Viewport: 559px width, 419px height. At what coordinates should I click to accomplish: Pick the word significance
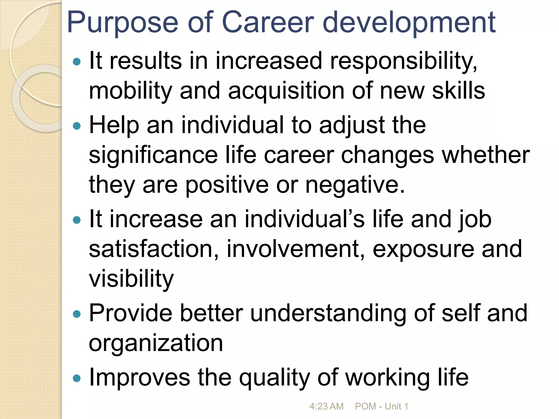pyautogui.click(x=153, y=155)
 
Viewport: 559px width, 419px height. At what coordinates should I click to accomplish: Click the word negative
pyautogui.click(x=355, y=185)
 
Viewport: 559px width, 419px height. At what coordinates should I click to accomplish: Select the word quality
pyautogui.click(x=274, y=378)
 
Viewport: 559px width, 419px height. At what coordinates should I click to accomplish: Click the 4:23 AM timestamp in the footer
pyautogui.click(x=326, y=406)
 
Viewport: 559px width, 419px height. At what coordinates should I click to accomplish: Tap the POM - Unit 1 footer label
pyautogui.click(x=381, y=406)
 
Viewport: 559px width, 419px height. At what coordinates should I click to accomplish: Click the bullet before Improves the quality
pyautogui.click(x=77, y=378)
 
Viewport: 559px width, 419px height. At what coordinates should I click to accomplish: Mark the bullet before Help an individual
pyautogui.click(x=77, y=126)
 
